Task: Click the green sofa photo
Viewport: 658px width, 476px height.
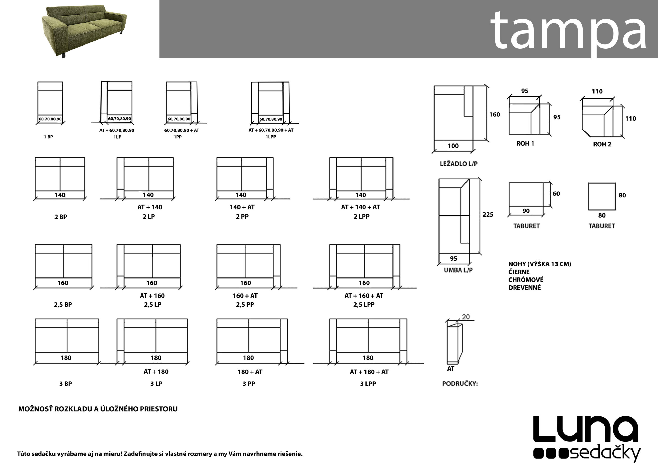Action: [84, 31]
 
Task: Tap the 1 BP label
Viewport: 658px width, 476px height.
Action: [49, 137]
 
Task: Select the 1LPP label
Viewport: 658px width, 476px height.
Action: [271, 137]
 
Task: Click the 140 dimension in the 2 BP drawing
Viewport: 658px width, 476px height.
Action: [60, 195]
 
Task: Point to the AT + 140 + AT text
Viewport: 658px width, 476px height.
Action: [360, 207]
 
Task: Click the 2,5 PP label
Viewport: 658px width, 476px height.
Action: [245, 304]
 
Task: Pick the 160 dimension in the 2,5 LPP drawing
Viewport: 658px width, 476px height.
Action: [364, 283]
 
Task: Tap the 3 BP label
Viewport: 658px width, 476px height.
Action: [66, 384]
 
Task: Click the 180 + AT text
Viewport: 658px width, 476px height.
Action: [250, 372]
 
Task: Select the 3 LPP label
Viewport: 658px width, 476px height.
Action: [368, 384]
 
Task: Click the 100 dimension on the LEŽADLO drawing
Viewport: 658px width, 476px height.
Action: [453, 146]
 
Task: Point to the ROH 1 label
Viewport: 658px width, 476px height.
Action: [525, 143]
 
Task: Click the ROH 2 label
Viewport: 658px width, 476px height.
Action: [602, 144]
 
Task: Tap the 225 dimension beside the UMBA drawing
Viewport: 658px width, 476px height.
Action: [488, 214]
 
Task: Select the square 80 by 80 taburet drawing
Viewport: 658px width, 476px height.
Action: [602, 196]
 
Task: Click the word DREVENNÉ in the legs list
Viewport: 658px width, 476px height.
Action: [525, 288]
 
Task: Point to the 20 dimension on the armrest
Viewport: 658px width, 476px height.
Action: [466, 317]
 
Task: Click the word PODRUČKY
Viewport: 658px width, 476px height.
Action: [460, 384]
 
